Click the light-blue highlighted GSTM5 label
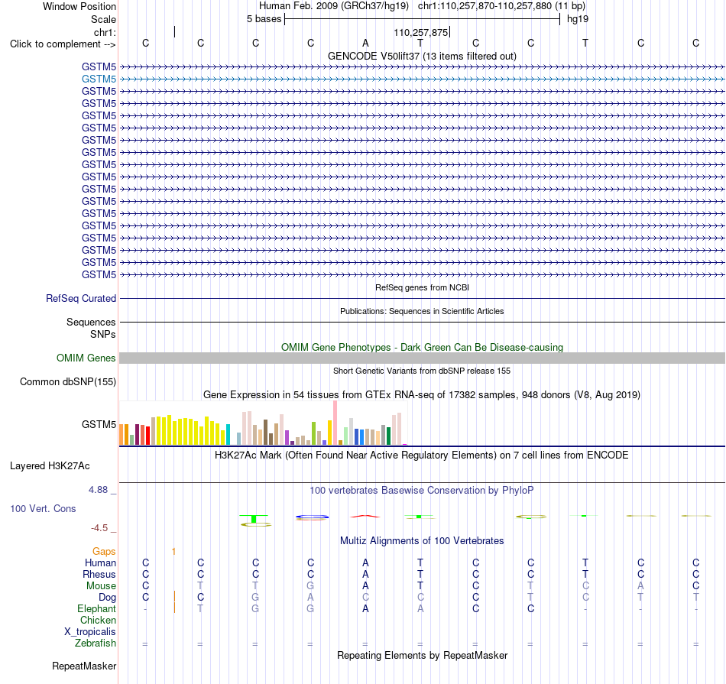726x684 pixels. pyautogui.click(x=99, y=79)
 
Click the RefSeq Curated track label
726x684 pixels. pyautogui.click(x=81, y=298)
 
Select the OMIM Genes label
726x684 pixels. pyautogui.click(x=86, y=358)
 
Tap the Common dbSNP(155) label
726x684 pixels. pyautogui.click(x=68, y=381)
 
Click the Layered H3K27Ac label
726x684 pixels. pyautogui.click(x=50, y=466)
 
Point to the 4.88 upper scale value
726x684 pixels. pyautogui.click(x=98, y=489)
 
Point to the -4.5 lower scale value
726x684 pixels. pyautogui.click(x=99, y=528)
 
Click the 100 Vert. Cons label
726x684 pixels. pyautogui.click(x=43, y=508)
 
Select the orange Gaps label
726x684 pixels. pyautogui.click(x=104, y=551)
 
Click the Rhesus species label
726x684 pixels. pyautogui.click(x=99, y=574)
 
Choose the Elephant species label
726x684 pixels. pyautogui.click(x=97, y=608)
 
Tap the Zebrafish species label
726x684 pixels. pyautogui.click(x=96, y=643)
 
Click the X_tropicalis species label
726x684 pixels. pyautogui.click(x=90, y=632)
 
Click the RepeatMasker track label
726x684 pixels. pyautogui.click(x=84, y=666)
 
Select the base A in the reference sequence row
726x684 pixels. pyautogui.click(x=365, y=43)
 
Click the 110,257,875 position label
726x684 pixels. pyautogui.click(x=421, y=32)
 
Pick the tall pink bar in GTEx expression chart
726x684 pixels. pyautogui.click(x=335, y=423)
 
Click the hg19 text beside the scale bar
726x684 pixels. pyautogui.click(x=578, y=19)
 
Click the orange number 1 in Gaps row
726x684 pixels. pyautogui.click(x=173, y=551)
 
